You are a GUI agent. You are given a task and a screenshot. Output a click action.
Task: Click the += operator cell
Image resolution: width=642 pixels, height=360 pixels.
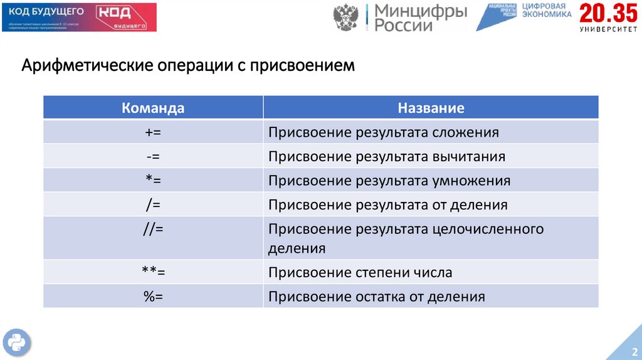[153, 132]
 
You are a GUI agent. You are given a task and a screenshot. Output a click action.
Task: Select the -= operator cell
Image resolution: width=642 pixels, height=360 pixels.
[153, 156]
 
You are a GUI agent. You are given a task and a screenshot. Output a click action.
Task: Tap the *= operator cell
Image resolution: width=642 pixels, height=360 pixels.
[153, 181]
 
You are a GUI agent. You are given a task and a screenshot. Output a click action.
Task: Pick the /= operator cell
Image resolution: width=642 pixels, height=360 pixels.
[153, 204]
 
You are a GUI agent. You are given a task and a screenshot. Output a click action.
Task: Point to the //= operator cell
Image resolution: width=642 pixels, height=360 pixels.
[153, 229]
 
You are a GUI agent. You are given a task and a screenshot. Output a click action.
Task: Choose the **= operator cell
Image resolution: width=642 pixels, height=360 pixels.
[153, 272]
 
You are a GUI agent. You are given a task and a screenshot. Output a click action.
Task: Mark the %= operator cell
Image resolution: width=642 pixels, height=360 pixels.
[153, 297]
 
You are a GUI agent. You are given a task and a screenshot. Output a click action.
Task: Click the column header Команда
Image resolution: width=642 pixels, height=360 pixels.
[153, 108]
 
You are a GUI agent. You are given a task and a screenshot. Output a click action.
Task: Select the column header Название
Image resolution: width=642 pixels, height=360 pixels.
[431, 108]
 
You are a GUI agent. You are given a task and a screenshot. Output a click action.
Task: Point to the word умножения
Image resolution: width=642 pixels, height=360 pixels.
[470, 181]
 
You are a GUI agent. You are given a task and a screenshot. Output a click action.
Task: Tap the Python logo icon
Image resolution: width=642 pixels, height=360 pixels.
[16, 342]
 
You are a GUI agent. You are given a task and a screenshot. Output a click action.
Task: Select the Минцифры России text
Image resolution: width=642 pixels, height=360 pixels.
[420, 18]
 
